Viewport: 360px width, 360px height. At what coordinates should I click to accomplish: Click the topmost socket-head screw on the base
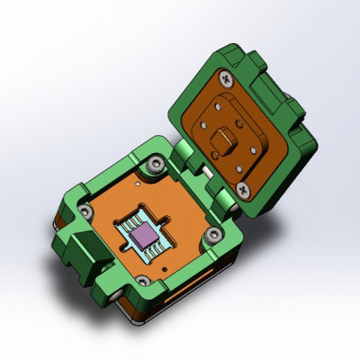(157, 165)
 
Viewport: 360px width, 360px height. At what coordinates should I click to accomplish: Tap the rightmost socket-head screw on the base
(213, 236)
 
